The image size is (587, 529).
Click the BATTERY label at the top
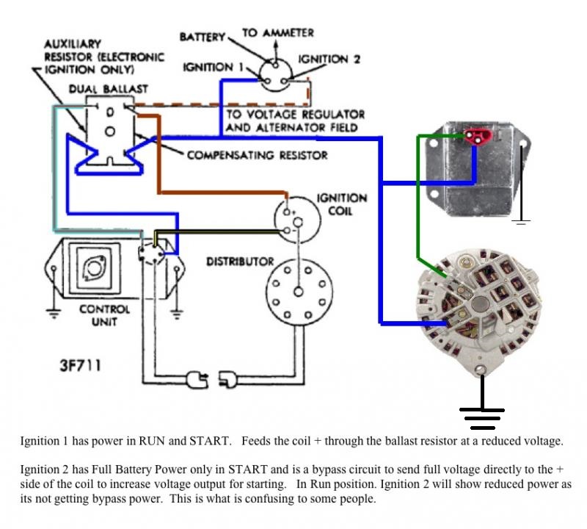203,37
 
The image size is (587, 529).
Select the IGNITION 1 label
213,68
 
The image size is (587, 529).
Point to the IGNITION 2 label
329,59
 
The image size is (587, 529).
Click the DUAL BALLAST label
108,89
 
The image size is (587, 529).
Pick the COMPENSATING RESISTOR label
257,155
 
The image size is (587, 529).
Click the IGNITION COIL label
341,204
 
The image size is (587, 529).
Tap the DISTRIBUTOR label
240,262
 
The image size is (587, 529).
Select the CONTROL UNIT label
105,316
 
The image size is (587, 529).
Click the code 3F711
81,365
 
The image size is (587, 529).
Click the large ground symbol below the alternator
481,417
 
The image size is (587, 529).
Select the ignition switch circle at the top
278,72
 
